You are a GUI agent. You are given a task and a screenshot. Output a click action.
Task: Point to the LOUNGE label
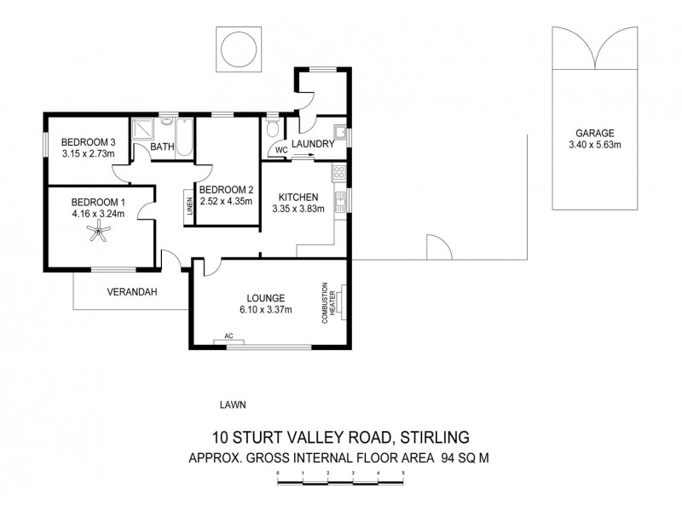[x=266, y=298]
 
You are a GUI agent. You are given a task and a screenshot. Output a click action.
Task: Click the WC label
[x=280, y=150]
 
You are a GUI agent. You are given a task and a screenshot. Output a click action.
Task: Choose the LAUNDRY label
[x=312, y=144]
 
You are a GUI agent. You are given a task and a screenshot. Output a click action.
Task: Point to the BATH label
[x=162, y=147]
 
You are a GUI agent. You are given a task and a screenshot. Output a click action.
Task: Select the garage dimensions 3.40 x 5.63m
[x=594, y=145]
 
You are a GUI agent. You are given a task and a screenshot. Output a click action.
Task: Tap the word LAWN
[x=232, y=405]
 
